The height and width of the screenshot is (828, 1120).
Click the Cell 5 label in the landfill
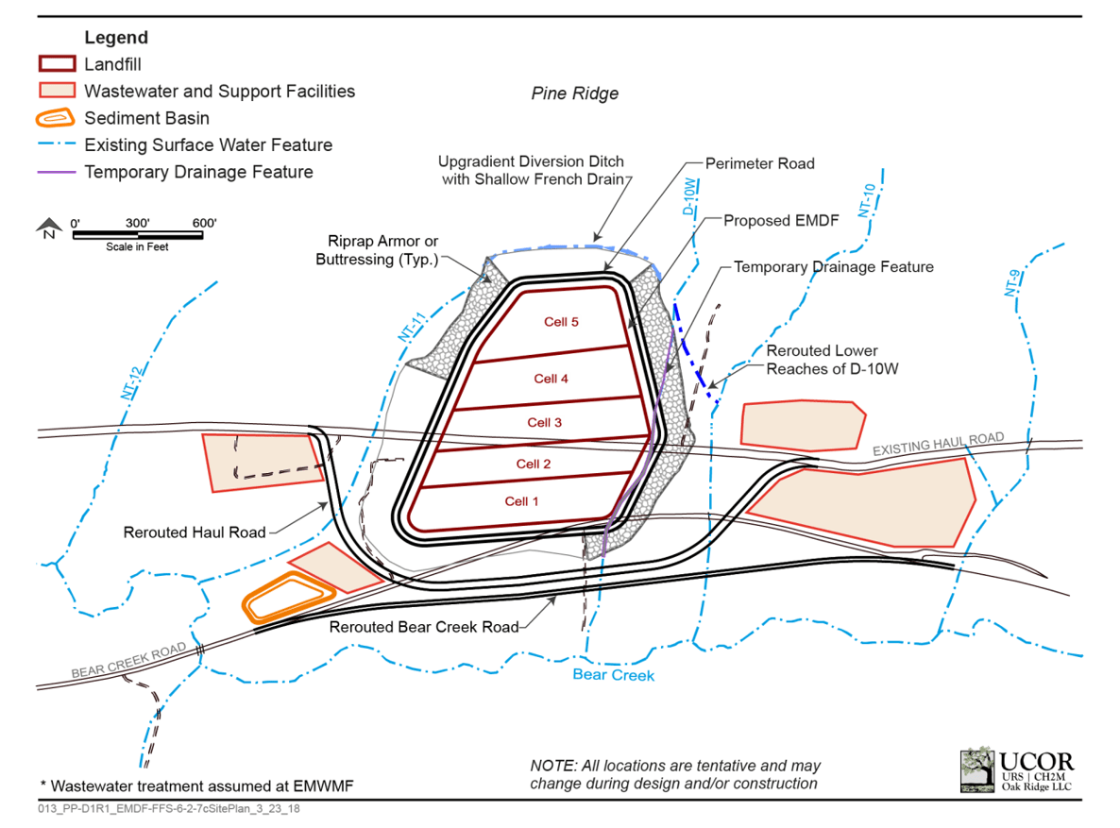(x=561, y=322)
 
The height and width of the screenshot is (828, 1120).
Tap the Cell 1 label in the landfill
(x=521, y=501)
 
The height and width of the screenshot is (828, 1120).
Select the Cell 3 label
(x=545, y=422)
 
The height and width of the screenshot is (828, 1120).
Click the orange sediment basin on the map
(x=288, y=599)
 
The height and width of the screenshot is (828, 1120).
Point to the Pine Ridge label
(x=574, y=93)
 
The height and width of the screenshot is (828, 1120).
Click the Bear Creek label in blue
(x=613, y=675)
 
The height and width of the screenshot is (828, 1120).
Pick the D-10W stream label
(x=690, y=199)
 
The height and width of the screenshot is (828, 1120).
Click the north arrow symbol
(x=46, y=228)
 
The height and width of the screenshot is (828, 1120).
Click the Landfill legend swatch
(x=56, y=65)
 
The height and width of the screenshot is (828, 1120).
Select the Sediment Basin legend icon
(x=56, y=118)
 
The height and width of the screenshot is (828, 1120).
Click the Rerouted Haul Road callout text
(x=195, y=532)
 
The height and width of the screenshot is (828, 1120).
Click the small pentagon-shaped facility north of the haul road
(x=803, y=423)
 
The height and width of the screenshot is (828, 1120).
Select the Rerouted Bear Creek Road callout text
(x=423, y=627)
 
